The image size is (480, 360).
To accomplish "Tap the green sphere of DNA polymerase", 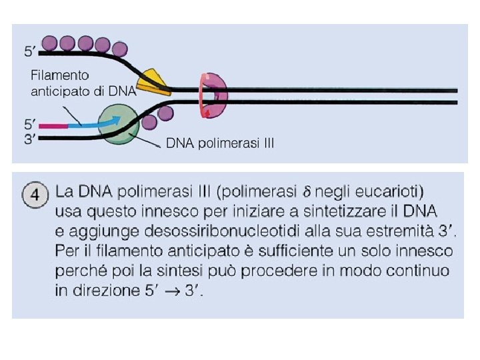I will [118, 125].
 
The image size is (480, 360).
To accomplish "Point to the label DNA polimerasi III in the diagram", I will [219, 143].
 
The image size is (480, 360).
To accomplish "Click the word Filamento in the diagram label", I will [60, 76].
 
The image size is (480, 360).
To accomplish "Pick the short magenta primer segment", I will [53, 124].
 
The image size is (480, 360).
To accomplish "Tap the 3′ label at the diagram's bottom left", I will [30, 138].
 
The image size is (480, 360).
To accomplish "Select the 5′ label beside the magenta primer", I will [30, 124].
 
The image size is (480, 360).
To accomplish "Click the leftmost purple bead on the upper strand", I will [50, 44].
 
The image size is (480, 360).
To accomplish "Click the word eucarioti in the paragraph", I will [389, 193].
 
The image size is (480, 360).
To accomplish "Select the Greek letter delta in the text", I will [307, 193].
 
